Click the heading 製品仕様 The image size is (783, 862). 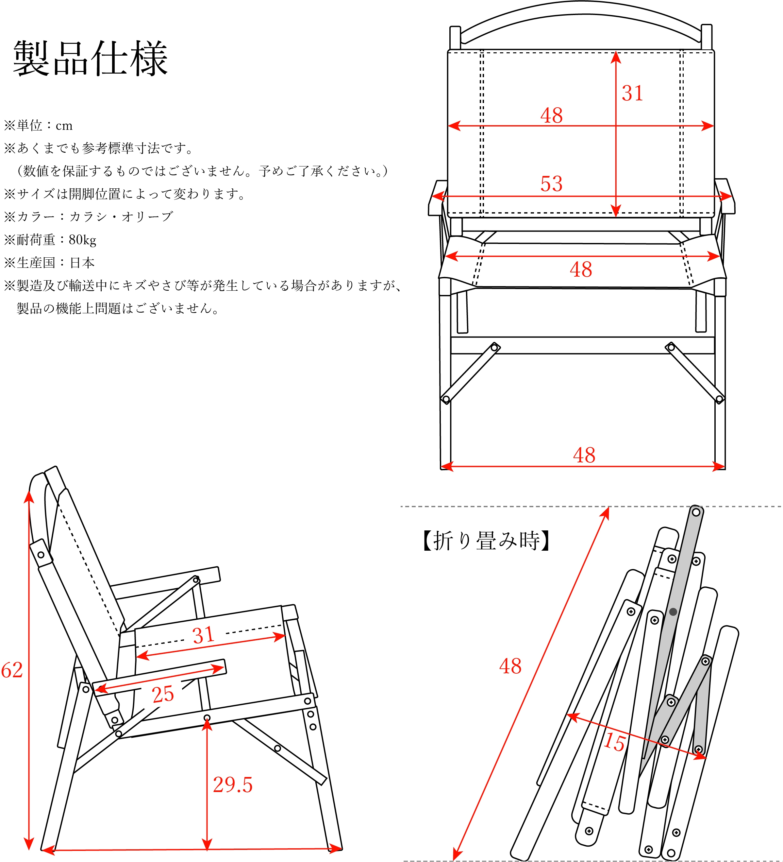pos(91,59)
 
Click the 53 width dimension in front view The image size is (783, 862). pos(551,184)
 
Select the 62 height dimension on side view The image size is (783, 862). pos(12,670)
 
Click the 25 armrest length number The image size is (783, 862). pos(163,694)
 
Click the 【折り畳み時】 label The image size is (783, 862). pos(486,541)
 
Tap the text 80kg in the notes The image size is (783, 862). pos(82,240)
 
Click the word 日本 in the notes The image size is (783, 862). pos(82,263)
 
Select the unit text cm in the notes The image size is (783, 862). pos(64,126)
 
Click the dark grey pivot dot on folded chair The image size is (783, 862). pos(673,612)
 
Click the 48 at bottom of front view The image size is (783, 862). pos(584,455)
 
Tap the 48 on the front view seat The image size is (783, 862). pos(580,269)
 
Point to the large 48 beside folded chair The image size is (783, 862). pos(510,666)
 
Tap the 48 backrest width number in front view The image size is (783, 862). pos(551,115)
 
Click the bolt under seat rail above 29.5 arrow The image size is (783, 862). pos(207,718)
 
